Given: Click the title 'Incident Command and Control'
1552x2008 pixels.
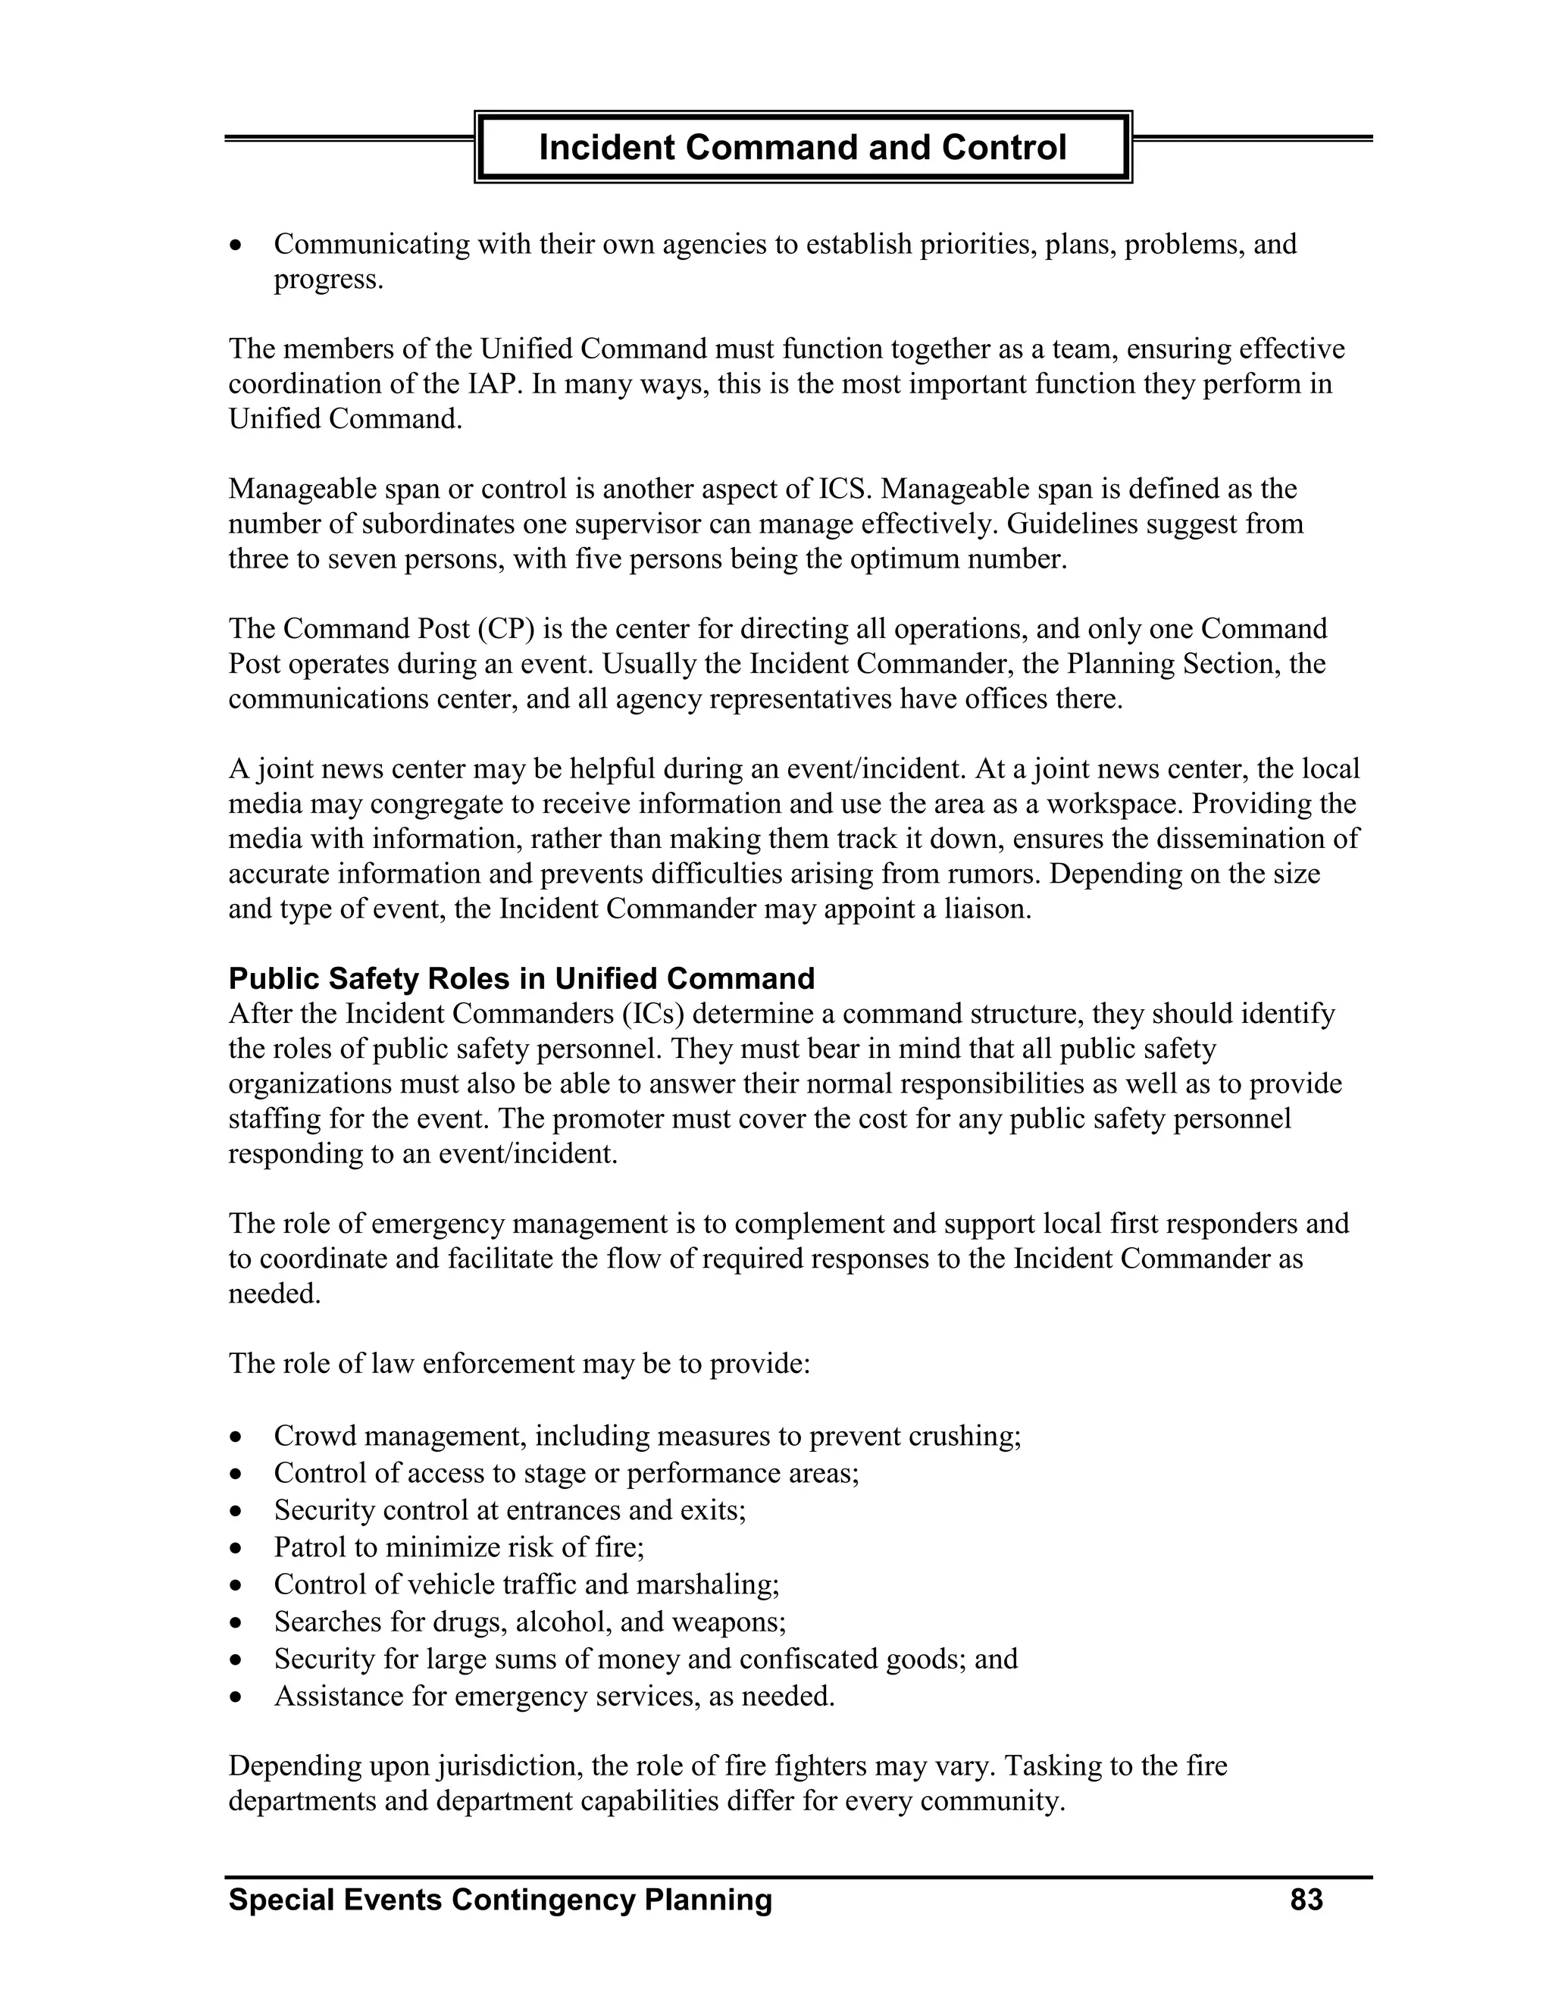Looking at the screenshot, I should [x=802, y=147].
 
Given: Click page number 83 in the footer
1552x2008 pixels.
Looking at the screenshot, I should [x=1306, y=1900].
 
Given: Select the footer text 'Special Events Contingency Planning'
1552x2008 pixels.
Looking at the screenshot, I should [x=500, y=1900].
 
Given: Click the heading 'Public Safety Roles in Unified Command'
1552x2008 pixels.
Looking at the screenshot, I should [x=521, y=978].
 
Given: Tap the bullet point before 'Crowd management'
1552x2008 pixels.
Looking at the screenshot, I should [x=237, y=1437].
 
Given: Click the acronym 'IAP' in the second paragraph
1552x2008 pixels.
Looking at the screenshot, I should [x=477, y=384].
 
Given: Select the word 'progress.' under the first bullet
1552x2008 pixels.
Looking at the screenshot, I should [x=328, y=280].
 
